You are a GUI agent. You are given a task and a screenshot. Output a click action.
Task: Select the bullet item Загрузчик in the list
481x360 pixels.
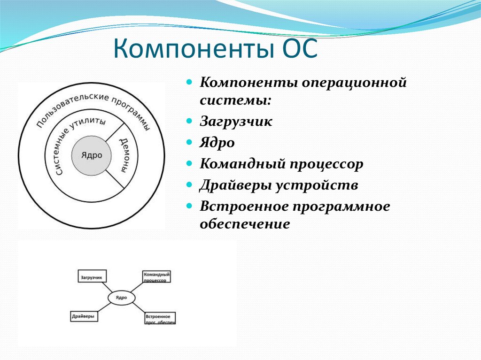point(236,122)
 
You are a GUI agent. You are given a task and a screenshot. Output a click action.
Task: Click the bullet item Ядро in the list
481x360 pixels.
point(217,143)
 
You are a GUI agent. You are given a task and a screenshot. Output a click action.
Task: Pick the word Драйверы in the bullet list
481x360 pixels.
point(236,185)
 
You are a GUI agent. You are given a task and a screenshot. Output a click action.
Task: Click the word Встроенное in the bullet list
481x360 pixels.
point(243,207)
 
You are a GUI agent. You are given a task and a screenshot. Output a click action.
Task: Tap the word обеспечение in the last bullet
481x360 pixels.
point(245,224)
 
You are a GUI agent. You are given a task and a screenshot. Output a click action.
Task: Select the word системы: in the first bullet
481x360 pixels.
point(236,100)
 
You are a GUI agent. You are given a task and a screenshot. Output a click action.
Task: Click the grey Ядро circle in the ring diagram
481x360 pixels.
point(92,155)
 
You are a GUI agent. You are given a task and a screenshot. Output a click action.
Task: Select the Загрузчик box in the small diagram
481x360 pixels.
point(92,276)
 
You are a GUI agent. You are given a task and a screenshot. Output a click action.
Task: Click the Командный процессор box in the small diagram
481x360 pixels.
point(156,276)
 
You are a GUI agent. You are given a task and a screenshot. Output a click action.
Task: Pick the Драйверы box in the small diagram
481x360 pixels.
point(84,316)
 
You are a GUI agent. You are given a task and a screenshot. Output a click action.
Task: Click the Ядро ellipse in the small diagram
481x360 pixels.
point(122,298)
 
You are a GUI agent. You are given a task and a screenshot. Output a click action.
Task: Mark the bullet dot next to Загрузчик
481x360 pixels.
point(189,121)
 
